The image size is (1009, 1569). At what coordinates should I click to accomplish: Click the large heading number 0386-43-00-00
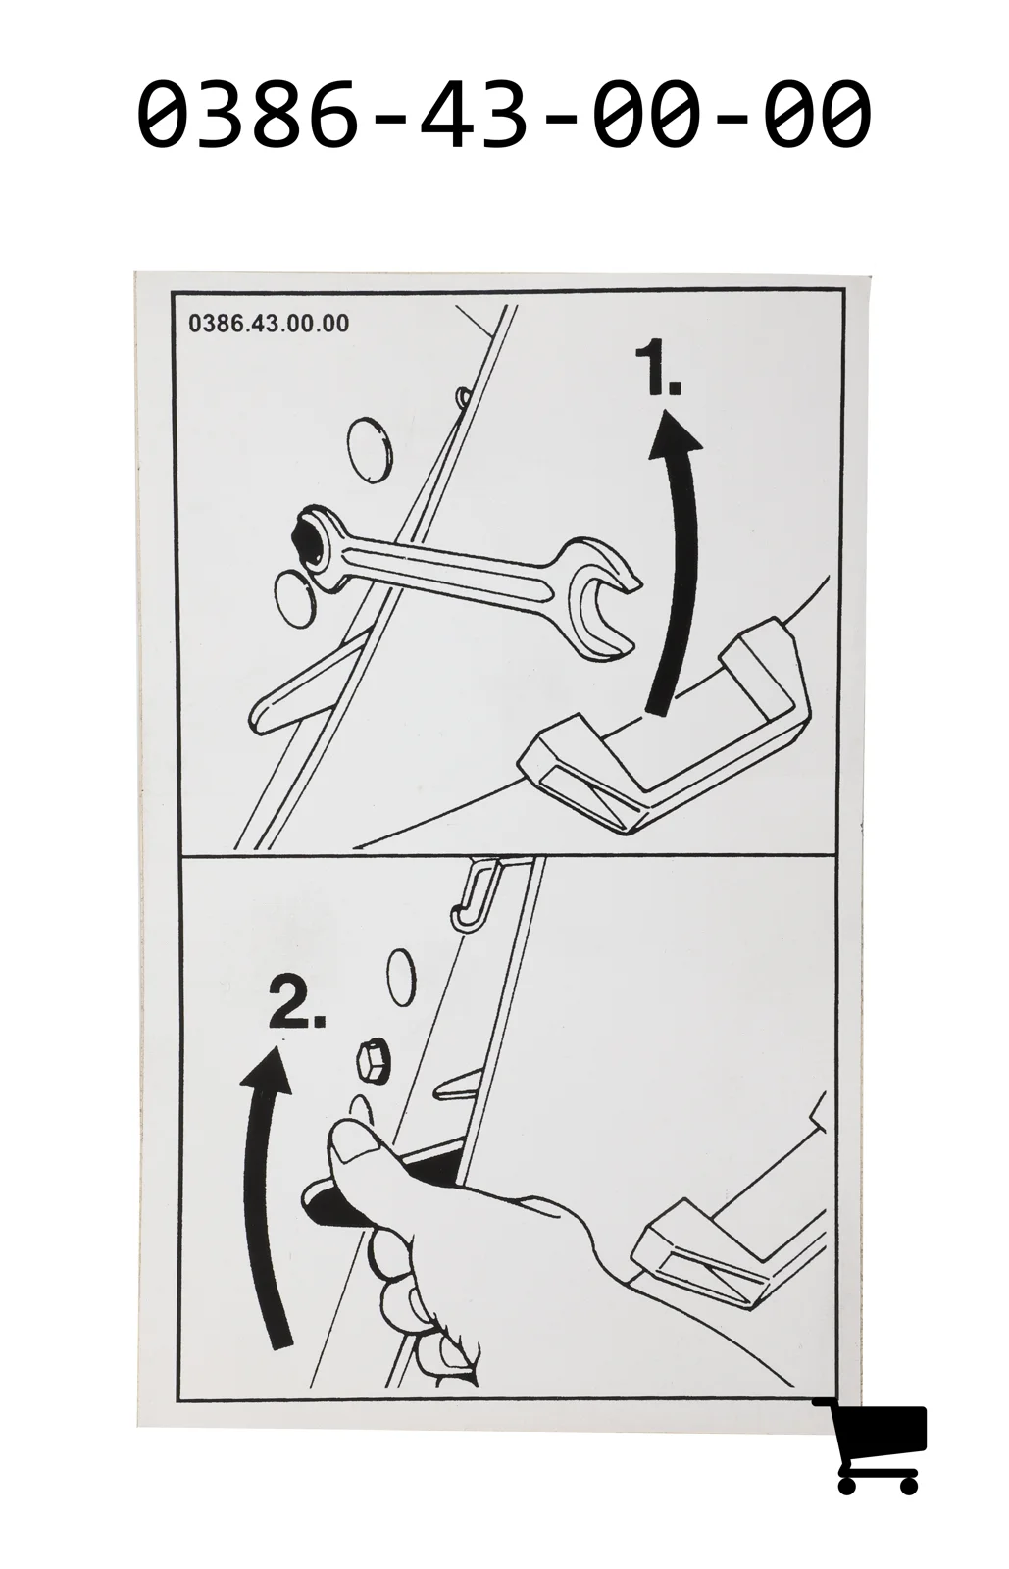pyautogui.click(x=504, y=113)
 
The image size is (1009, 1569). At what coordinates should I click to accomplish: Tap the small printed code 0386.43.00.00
pyautogui.click(x=269, y=324)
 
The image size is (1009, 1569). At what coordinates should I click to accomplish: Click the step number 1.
pyautogui.click(x=657, y=368)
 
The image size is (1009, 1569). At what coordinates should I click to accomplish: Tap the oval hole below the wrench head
pyautogui.click(x=294, y=599)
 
